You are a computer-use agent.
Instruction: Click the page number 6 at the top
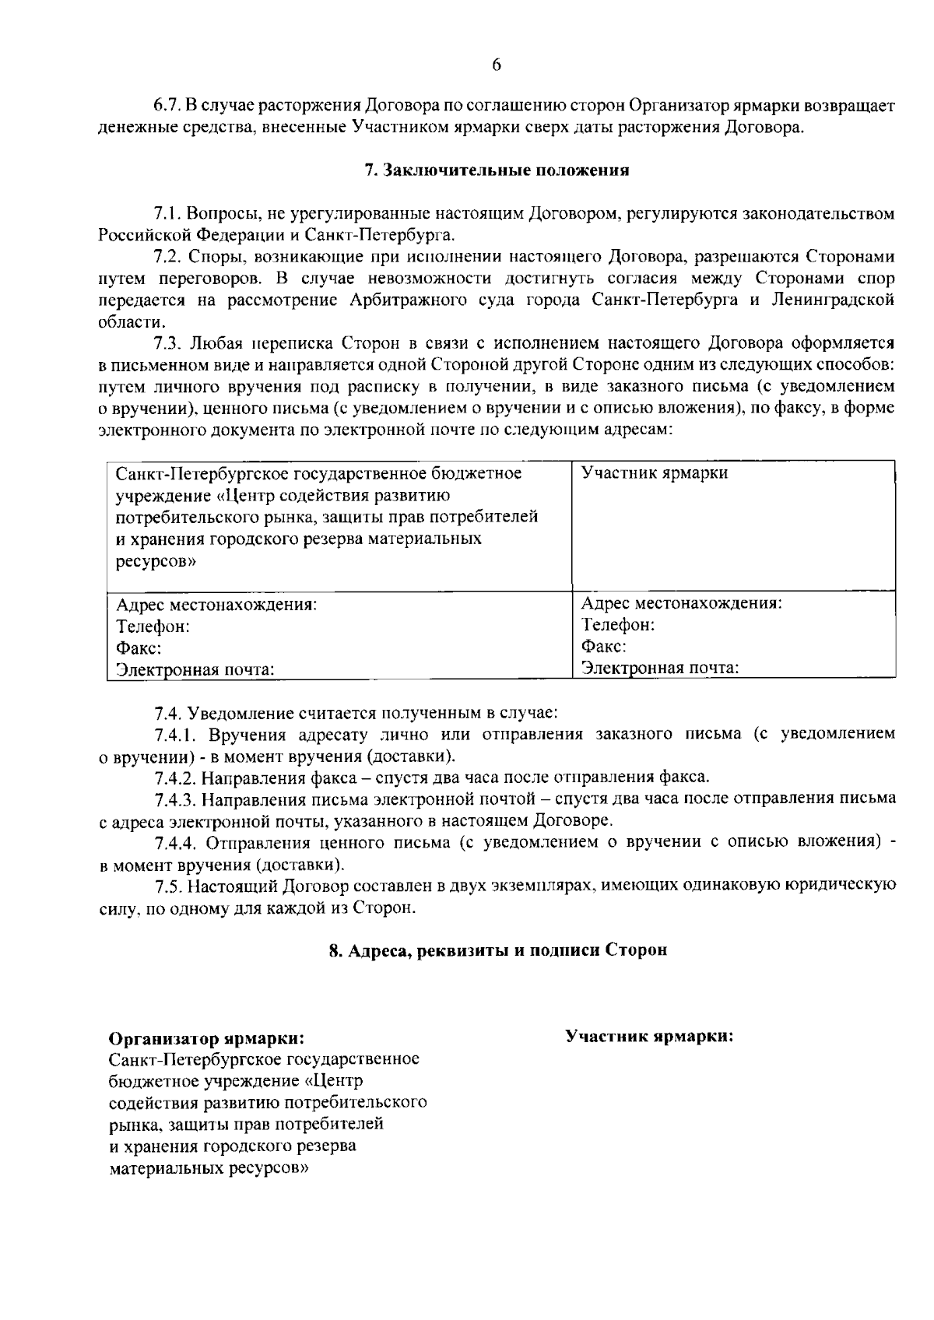coord(497,65)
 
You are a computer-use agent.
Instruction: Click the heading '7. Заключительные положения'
coord(497,170)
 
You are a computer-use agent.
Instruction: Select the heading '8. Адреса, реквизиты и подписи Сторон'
coord(498,950)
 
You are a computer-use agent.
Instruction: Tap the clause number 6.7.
coord(166,105)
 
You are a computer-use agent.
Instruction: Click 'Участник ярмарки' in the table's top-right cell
coord(655,473)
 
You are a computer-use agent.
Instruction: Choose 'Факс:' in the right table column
coord(604,647)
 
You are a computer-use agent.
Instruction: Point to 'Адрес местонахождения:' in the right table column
coord(681,603)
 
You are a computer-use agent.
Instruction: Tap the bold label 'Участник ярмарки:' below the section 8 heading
coord(650,1037)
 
